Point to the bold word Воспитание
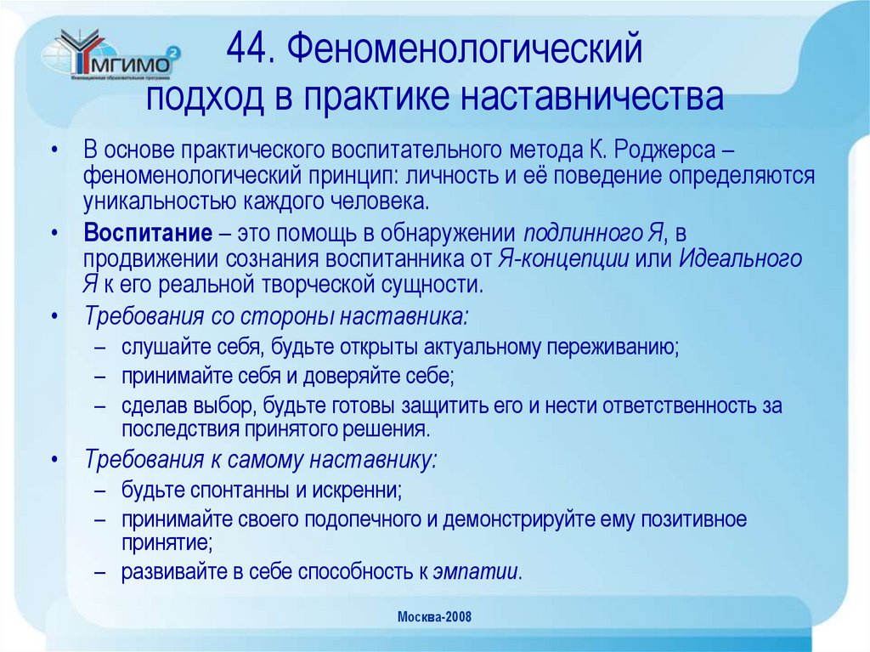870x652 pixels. pos(147,234)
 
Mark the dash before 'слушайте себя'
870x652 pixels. pos(100,349)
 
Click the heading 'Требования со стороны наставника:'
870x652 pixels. pos(275,316)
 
